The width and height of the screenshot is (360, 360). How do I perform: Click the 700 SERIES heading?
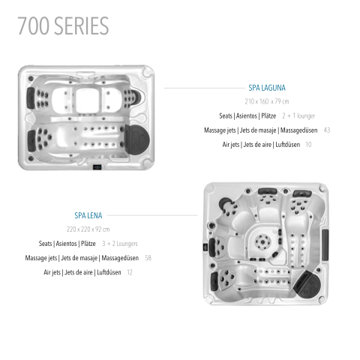point(63,25)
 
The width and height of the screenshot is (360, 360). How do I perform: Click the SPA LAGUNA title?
point(267,88)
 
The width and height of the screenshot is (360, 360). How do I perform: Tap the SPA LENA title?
point(88,215)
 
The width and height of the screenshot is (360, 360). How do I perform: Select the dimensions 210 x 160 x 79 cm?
point(267,101)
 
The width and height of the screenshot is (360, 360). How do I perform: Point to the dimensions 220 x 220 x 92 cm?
point(88,229)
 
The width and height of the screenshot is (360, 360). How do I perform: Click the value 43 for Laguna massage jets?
point(327,130)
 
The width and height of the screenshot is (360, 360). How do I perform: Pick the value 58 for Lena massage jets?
point(148,258)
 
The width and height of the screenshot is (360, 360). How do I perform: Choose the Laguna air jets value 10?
point(308,145)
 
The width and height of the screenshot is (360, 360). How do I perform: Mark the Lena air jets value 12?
point(130,272)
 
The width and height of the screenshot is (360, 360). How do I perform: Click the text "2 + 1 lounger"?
point(298,116)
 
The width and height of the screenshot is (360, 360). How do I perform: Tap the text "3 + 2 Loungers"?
point(120,244)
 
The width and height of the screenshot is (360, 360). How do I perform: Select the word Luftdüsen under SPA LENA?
point(109,272)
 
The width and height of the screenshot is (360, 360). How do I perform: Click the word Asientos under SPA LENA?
point(66,244)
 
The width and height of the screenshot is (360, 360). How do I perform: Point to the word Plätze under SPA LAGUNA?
point(268,116)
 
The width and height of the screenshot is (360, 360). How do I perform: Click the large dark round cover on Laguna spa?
point(137,138)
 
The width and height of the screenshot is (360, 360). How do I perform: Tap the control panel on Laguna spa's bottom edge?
point(97,167)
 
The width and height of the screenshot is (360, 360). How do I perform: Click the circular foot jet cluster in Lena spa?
point(262,241)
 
